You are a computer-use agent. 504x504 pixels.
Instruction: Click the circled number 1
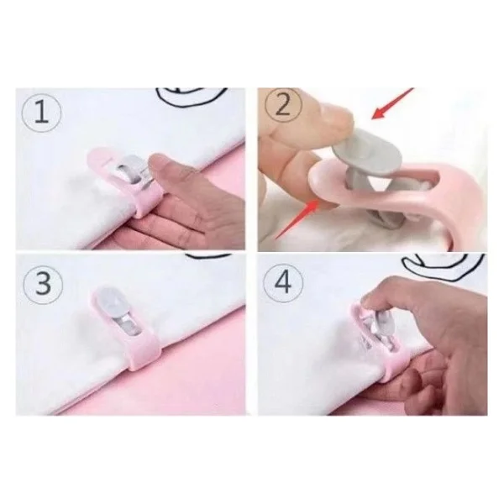point(41,111)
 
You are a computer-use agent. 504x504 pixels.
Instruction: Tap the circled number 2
point(283,107)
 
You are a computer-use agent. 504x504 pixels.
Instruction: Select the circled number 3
point(43,284)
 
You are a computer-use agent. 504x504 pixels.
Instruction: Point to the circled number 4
point(284,282)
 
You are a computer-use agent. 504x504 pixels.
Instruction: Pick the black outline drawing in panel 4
point(444,265)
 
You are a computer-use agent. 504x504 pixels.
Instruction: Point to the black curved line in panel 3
point(208,256)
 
